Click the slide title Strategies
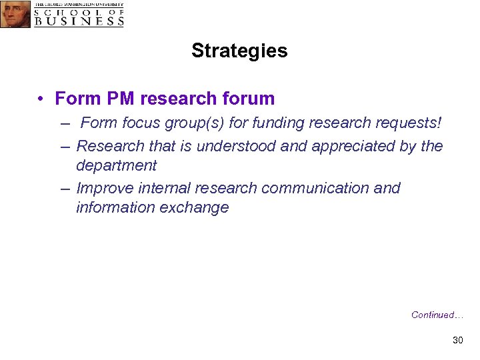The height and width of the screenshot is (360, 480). [x=239, y=51]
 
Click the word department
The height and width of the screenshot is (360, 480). [x=116, y=165]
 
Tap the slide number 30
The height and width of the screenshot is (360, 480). [x=457, y=341]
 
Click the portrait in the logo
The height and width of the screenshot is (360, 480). [x=15, y=14]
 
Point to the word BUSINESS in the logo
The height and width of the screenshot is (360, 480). [x=79, y=21]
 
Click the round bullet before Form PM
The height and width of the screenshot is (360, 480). [x=41, y=99]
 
